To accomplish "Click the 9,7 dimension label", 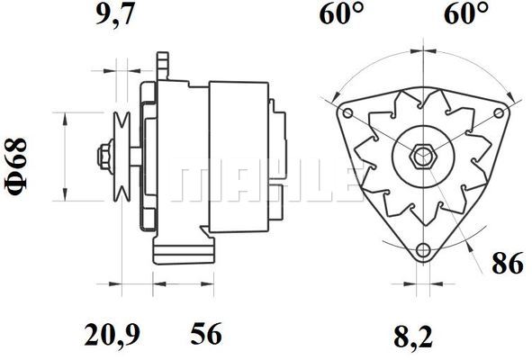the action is coord(113,14).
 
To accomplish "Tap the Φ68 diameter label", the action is coord(15,166).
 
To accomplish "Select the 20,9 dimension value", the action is coord(112,334).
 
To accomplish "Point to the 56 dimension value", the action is coord(205,333).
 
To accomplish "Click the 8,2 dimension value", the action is coord(413,336).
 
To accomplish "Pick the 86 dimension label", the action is coord(508,263).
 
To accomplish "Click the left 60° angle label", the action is coord(342,13).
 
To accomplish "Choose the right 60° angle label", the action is coord(466,13).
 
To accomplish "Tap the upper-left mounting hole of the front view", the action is coord(348,113).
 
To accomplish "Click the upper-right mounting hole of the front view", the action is coord(499,113).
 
